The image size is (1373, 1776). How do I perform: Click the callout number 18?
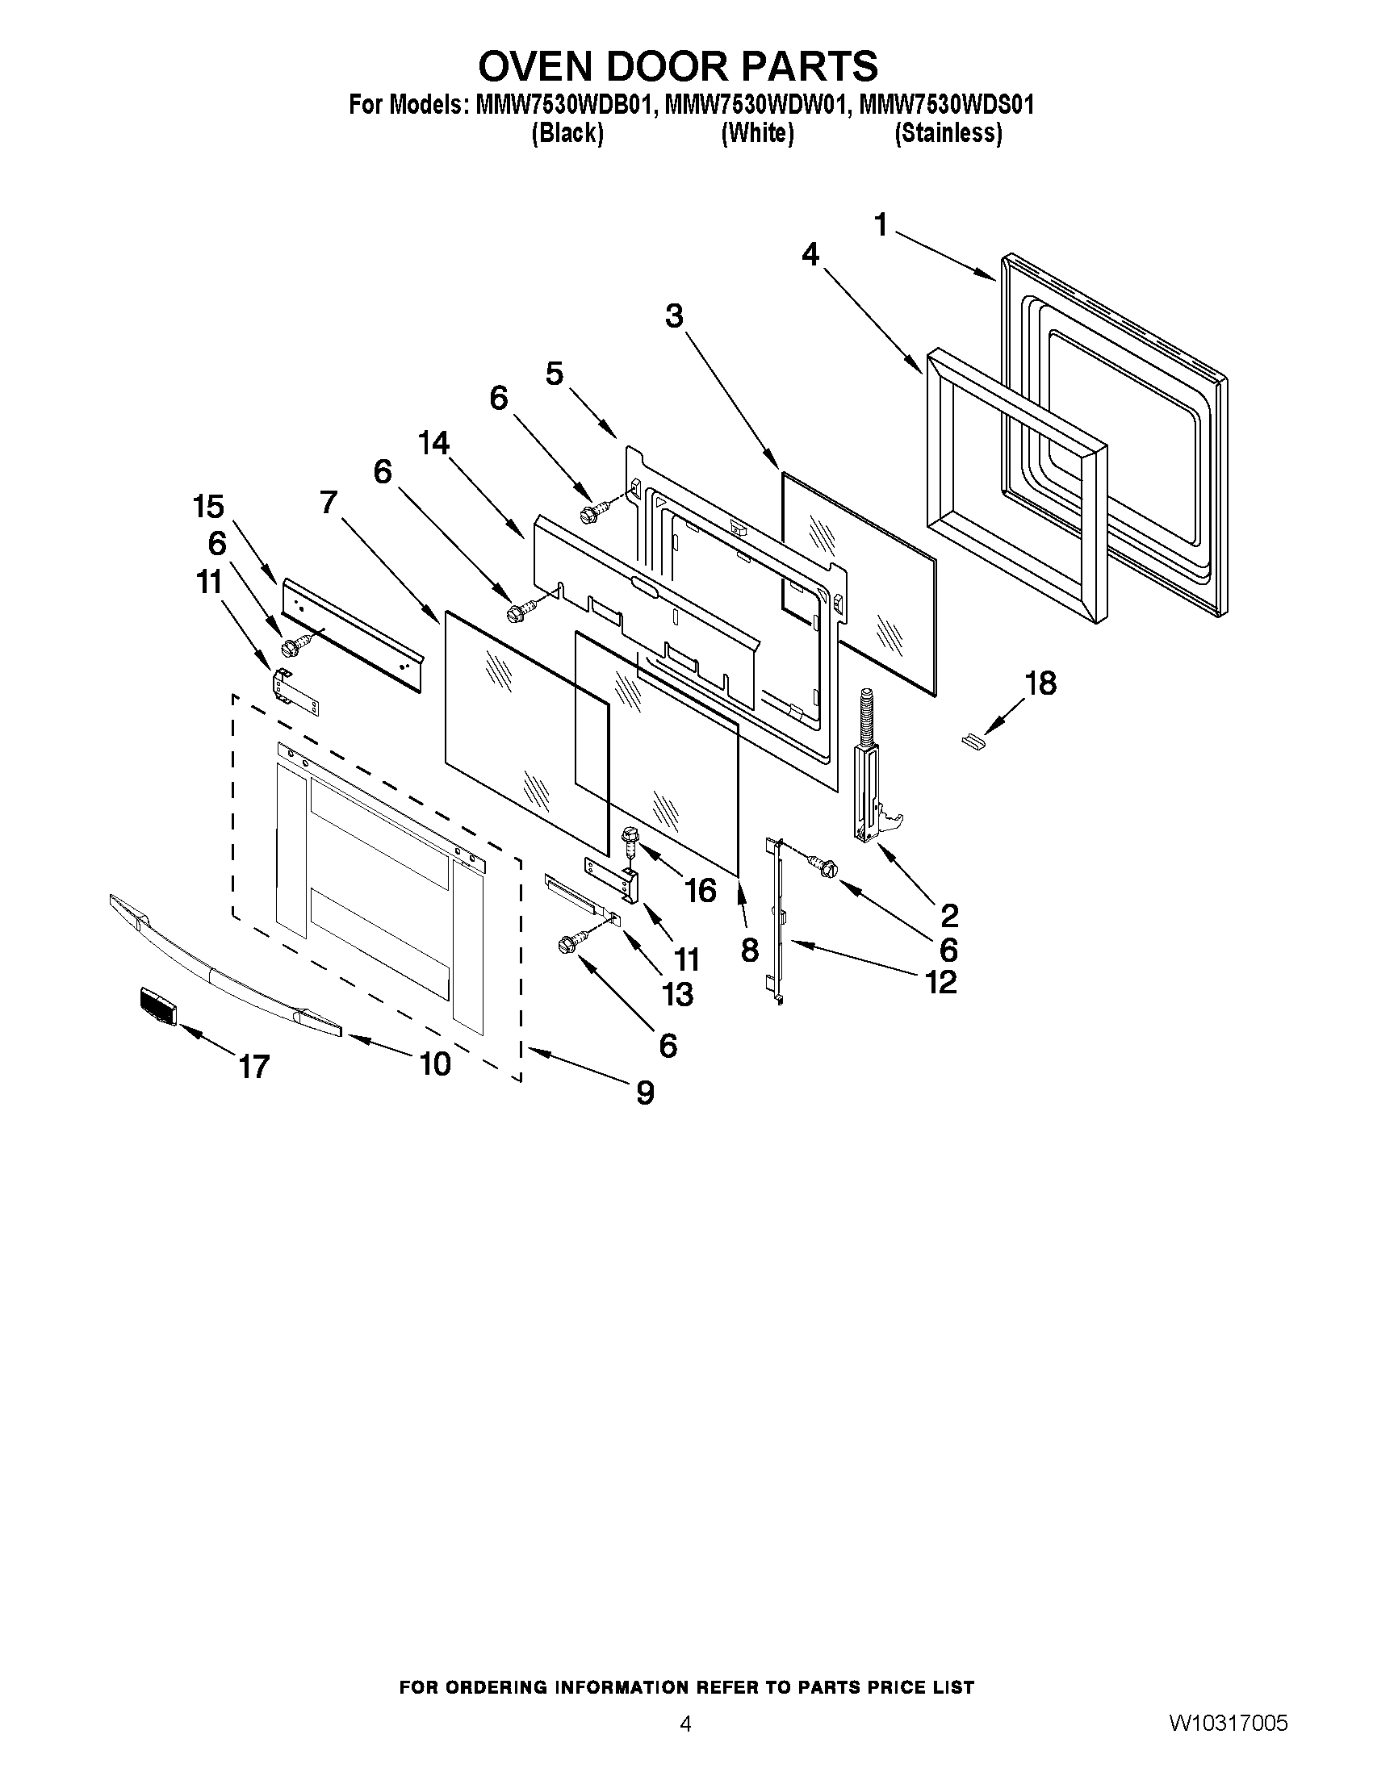click(1040, 683)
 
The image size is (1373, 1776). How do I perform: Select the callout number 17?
click(253, 1066)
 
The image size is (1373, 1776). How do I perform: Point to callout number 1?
click(881, 224)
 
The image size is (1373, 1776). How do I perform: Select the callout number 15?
click(208, 507)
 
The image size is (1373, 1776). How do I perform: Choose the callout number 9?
click(645, 1093)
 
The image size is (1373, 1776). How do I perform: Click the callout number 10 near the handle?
click(435, 1063)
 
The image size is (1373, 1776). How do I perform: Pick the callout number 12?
click(940, 982)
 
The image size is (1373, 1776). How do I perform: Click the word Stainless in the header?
click(948, 133)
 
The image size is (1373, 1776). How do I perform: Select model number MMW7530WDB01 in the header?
click(564, 105)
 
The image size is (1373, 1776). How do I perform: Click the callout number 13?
click(677, 994)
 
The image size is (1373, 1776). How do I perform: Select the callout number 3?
click(673, 316)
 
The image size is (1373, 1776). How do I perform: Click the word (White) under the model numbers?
click(756, 133)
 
